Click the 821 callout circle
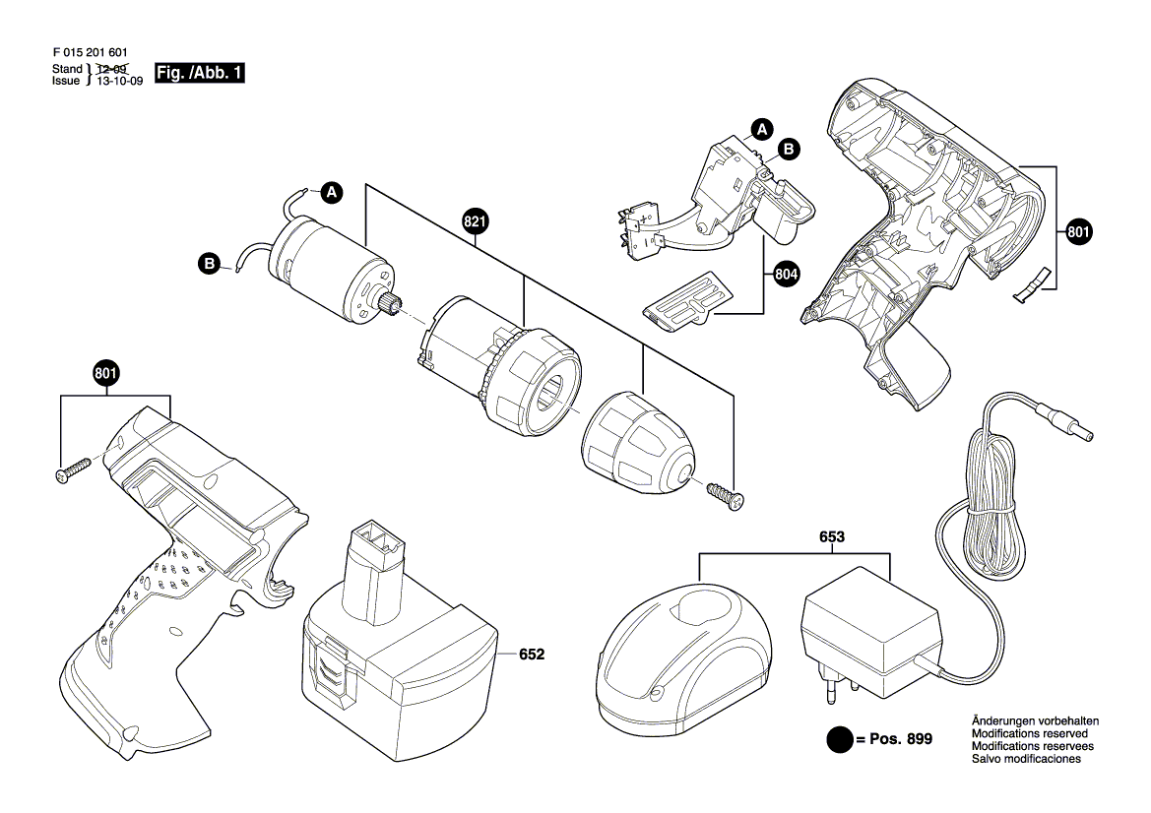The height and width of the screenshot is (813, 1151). pyautogui.click(x=475, y=224)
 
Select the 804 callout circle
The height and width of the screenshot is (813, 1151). pyautogui.click(x=785, y=276)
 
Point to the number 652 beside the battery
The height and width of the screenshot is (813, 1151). pyautogui.click(x=531, y=655)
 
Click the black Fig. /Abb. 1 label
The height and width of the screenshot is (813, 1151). pyautogui.click(x=200, y=74)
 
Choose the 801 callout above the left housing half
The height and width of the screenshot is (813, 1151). pyautogui.click(x=106, y=374)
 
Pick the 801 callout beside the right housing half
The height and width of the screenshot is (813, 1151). pyautogui.click(x=1079, y=233)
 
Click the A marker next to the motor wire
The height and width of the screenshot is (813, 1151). pyautogui.click(x=333, y=193)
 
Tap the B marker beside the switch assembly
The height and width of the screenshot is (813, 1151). pyautogui.click(x=790, y=149)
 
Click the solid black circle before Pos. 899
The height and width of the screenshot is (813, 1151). pyautogui.click(x=839, y=739)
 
